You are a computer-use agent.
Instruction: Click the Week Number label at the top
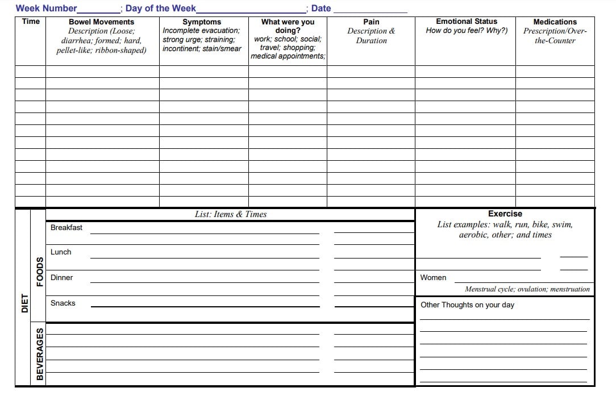[46, 9]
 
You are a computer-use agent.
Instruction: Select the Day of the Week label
[161, 9]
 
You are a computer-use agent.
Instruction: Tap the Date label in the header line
[321, 9]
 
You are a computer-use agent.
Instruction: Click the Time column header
[31, 22]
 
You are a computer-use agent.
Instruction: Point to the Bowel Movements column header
[101, 22]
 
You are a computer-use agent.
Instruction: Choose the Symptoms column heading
[202, 22]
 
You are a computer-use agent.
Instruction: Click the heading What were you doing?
[288, 26]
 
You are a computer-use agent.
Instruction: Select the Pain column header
[371, 22]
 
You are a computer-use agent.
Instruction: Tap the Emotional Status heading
[467, 22]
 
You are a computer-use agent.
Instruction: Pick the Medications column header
[555, 22]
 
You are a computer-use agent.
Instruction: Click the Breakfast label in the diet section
[66, 228]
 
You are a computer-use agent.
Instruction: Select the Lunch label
[61, 252]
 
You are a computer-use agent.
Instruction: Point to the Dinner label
[62, 278]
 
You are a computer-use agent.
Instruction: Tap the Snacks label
[63, 303]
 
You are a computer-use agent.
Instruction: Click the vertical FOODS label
[39, 272]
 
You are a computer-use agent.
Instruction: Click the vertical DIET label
[24, 303]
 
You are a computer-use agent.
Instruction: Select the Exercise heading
[505, 214]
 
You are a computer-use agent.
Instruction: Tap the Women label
[433, 278]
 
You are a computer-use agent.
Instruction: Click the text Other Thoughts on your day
[467, 305]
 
